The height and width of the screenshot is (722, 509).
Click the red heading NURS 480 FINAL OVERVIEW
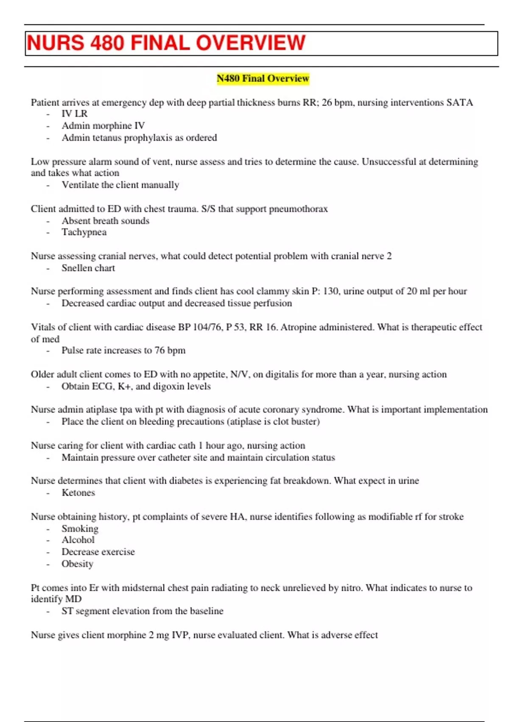(x=166, y=43)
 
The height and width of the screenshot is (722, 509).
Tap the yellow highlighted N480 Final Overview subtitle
(x=263, y=79)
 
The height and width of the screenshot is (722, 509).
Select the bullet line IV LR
(x=75, y=114)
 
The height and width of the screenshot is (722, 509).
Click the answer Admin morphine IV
(x=103, y=126)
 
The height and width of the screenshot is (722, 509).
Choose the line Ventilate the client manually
(x=120, y=185)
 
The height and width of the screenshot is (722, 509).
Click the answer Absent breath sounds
(x=105, y=221)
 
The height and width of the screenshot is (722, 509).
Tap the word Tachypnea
(x=84, y=232)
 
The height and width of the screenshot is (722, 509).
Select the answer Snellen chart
(x=88, y=268)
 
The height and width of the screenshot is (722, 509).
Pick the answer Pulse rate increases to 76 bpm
(x=123, y=350)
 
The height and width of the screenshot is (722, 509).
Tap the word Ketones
(x=78, y=493)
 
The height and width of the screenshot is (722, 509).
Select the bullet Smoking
(x=80, y=529)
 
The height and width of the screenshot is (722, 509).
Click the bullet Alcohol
(x=78, y=540)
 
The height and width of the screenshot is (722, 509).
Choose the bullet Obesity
(x=77, y=564)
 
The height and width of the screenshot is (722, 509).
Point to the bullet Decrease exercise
(x=98, y=552)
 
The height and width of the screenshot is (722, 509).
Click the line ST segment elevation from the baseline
(x=142, y=611)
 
